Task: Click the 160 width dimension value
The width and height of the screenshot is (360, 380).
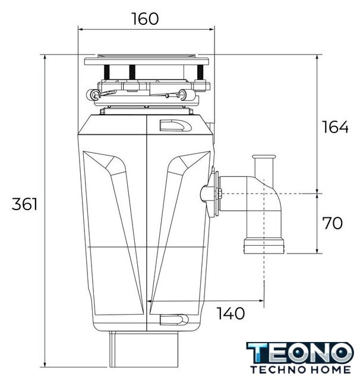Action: point(145,18)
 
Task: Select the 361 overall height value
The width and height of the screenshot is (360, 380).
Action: point(24,204)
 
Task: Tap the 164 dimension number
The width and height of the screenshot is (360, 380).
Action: point(335,126)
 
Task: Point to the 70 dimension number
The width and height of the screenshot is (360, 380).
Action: point(332,223)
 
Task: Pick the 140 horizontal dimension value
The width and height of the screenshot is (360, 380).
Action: point(230,313)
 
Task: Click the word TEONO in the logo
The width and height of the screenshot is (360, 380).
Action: point(300,353)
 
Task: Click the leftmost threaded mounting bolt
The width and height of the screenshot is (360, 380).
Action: point(107,72)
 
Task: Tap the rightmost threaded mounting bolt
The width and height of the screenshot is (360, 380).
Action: point(200,72)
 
